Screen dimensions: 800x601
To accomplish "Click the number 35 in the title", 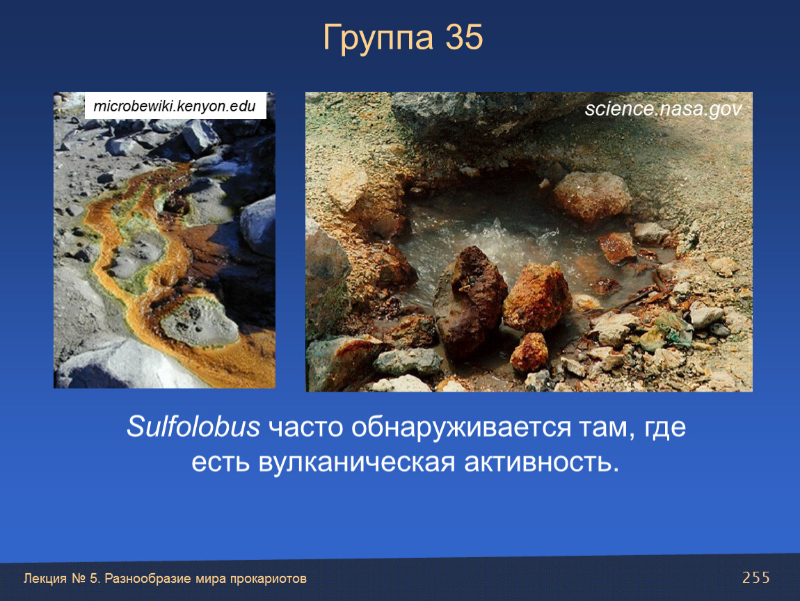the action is coord(464,37).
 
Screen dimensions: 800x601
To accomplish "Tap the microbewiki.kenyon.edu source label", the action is coord(175,106).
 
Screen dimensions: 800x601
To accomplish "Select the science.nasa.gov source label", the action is coord(663,109).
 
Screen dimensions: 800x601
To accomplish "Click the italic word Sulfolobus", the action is coord(193,426).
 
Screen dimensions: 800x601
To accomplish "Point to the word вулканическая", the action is coord(357,463).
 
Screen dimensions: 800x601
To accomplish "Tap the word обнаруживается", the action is coord(461,428).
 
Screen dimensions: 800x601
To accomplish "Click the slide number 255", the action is coord(756,577).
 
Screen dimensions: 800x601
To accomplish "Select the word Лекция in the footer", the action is coord(45,579).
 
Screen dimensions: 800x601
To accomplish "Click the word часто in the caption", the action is coord(305,428).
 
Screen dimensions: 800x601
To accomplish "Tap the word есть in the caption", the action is coord(221,463).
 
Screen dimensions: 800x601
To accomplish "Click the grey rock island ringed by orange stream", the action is coord(199,323).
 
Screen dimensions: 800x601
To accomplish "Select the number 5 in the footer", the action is coord(93,579).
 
